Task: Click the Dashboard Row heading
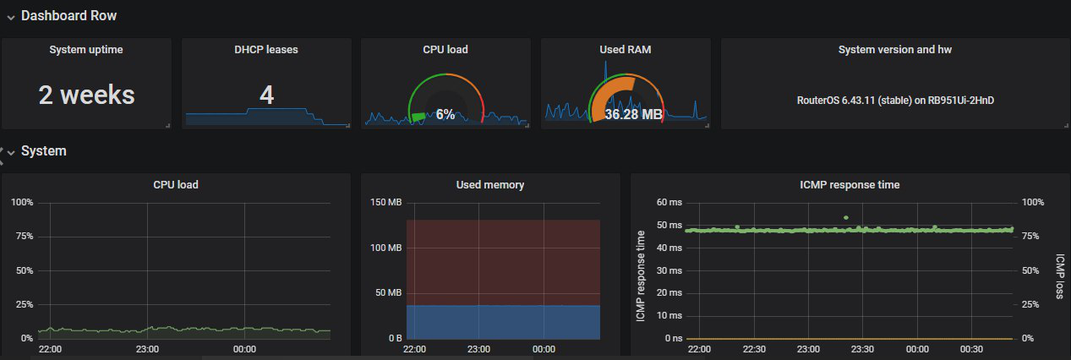click(68, 16)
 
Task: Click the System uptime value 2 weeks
click(86, 95)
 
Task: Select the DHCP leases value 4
click(266, 95)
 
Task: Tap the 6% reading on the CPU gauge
click(445, 114)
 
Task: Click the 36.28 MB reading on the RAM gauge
click(633, 114)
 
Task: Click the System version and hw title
click(895, 50)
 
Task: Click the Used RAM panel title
click(625, 50)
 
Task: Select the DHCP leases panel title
click(266, 50)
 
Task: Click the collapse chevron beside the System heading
click(11, 152)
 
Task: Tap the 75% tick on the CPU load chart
click(23, 237)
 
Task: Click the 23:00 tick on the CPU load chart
click(147, 348)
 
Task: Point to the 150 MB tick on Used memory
click(387, 203)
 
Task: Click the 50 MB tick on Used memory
click(390, 293)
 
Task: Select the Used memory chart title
click(490, 184)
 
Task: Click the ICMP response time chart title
click(850, 184)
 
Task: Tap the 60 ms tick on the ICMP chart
click(669, 203)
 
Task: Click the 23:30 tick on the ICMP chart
click(862, 348)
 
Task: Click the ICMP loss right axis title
click(1060, 277)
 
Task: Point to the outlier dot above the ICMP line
click(845, 217)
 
